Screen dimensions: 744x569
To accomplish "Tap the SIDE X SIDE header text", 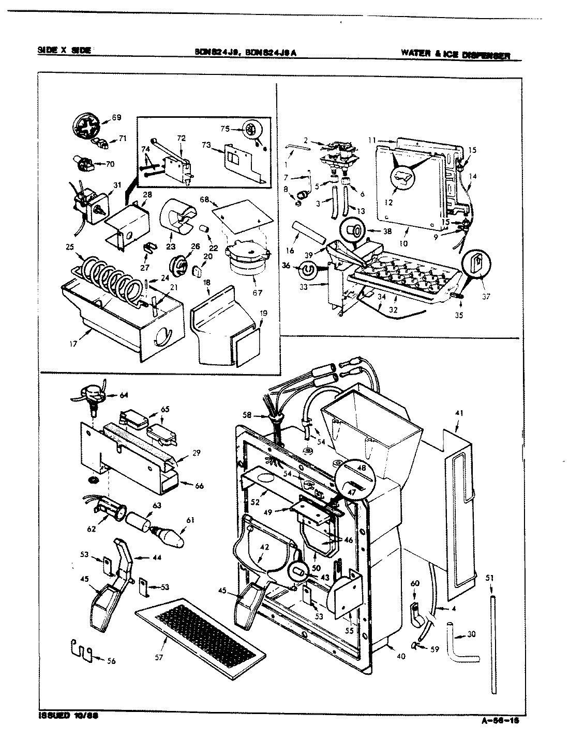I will point(64,50).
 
